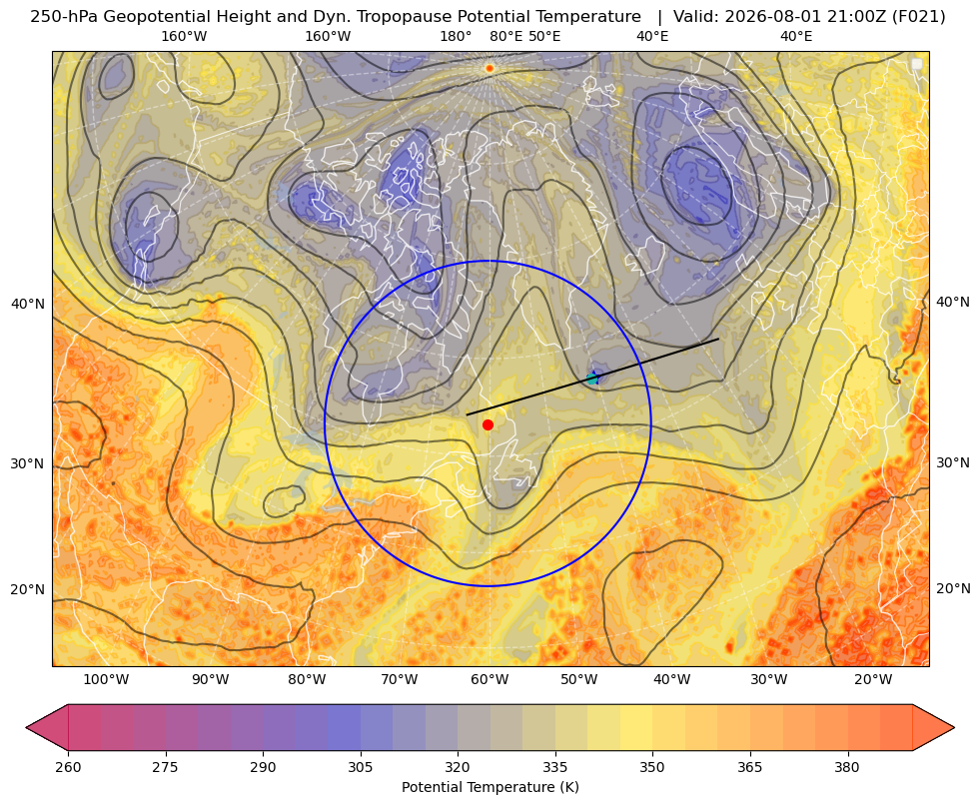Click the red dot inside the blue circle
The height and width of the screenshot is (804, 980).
pyautogui.click(x=489, y=424)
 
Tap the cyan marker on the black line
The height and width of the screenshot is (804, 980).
pyautogui.click(x=592, y=378)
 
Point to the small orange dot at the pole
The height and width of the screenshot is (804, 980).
pyautogui.click(x=490, y=68)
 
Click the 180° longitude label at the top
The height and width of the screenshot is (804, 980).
pyautogui.click(x=456, y=36)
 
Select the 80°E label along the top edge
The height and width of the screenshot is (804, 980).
pyautogui.click(x=506, y=36)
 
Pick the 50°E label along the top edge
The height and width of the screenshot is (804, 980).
pyautogui.click(x=544, y=36)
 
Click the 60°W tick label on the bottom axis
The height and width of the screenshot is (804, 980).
pyautogui.click(x=490, y=679)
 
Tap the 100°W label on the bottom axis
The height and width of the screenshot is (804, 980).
pyautogui.click(x=106, y=679)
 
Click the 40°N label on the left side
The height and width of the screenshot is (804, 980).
pyautogui.click(x=28, y=305)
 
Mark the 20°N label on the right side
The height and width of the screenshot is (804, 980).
pyautogui.click(x=953, y=588)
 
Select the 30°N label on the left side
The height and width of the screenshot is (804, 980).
pyautogui.click(x=28, y=464)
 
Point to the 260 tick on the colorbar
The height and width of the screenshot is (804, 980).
pyautogui.click(x=68, y=766)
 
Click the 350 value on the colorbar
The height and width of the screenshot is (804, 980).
pyautogui.click(x=652, y=766)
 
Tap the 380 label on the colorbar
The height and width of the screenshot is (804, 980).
pyautogui.click(x=847, y=766)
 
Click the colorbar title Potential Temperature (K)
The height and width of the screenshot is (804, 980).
pyautogui.click(x=490, y=787)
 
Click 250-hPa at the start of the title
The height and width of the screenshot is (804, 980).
pyautogui.click(x=64, y=17)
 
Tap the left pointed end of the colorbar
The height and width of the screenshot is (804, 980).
pyautogui.click(x=27, y=727)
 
